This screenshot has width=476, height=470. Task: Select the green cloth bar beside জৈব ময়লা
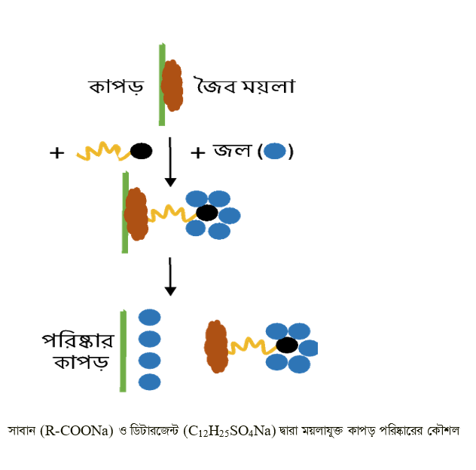(x=161, y=84)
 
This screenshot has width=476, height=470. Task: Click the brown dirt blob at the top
(x=173, y=85)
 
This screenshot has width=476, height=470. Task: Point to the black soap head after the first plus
(x=141, y=152)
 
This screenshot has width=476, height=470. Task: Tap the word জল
(x=230, y=152)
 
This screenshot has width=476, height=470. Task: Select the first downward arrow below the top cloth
(x=170, y=161)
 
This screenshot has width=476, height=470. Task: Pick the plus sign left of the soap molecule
(x=56, y=152)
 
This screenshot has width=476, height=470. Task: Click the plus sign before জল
(x=197, y=152)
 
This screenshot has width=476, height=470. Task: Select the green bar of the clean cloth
(x=123, y=351)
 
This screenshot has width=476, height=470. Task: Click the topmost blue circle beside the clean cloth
(x=149, y=318)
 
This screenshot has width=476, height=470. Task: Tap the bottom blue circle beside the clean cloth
(x=149, y=382)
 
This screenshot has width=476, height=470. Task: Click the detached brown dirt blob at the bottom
(x=216, y=346)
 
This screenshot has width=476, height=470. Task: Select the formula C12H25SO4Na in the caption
(x=229, y=432)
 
